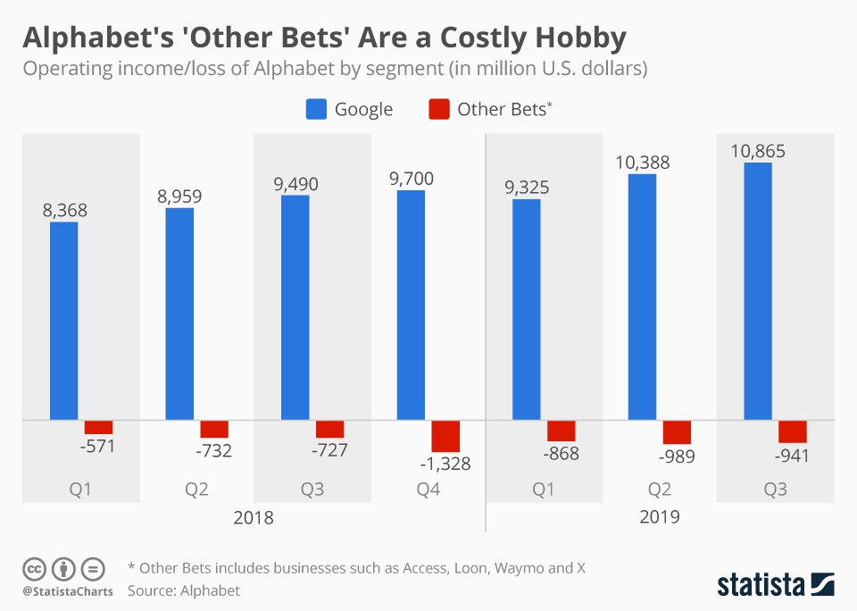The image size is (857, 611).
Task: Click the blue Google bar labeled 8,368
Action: (x=63, y=320)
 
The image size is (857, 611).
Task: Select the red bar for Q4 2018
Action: (x=445, y=435)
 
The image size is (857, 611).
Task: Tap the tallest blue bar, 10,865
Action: (x=758, y=290)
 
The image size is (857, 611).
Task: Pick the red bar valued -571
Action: (x=98, y=427)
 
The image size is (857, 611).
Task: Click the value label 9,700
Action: (x=412, y=179)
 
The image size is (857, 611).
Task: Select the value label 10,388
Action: (x=642, y=163)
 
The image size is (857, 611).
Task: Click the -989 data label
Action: (x=678, y=456)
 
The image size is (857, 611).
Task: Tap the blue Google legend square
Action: (x=316, y=110)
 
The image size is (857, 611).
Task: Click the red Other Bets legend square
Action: (x=438, y=110)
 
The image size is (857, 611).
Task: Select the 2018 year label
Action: (x=254, y=517)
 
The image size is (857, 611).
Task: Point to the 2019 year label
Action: (x=660, y=517)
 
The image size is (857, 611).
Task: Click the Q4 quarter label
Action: (x=428, y=490)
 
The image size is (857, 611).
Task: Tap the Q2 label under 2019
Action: (x=660, y=490)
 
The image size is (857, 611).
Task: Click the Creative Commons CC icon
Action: (x=35, y=568)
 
